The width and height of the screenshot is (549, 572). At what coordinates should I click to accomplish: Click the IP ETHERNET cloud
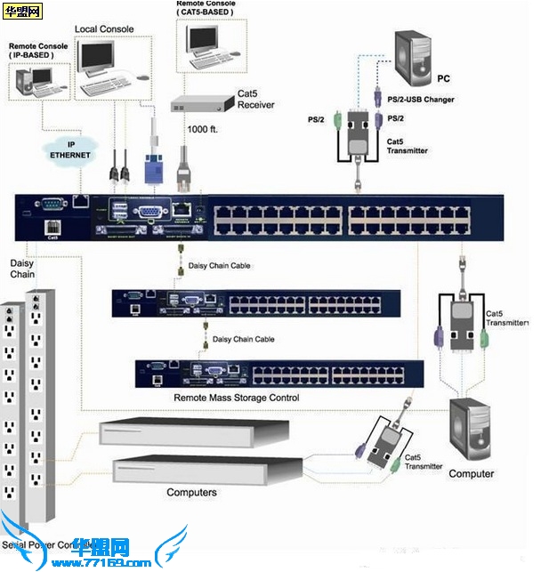tap(69, 149)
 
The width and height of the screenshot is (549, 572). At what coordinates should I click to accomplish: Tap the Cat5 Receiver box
tap(197, 104)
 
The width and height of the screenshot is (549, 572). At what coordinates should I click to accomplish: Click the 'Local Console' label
tap(104, 29)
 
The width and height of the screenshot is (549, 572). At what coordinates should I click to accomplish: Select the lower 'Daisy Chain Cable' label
tap(243, 340)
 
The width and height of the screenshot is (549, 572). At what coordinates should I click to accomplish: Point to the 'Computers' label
tap(191, 492)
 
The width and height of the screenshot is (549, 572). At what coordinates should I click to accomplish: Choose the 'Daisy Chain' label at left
tap(22, 269)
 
